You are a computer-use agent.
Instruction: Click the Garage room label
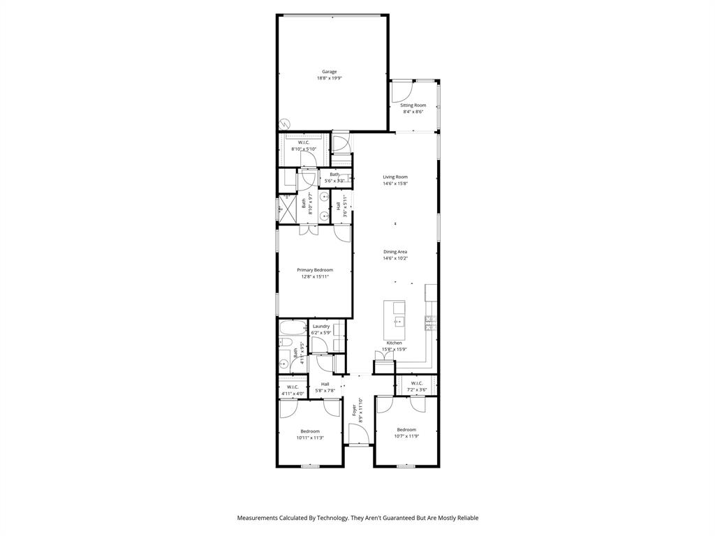coord(329,71)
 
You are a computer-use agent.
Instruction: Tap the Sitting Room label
coord(413,105)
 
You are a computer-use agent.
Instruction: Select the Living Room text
coord(395,177)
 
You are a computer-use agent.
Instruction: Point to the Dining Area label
coord(395,252)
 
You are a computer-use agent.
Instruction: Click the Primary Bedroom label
coord(315,270)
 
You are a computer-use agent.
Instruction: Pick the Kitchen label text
coord(395,343)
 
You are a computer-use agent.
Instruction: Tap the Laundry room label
coord(321,326)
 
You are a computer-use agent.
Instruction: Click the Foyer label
coord(354,408)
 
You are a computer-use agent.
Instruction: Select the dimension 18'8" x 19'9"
coord(329,78)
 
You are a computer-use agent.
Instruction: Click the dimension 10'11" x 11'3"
coord(310,438)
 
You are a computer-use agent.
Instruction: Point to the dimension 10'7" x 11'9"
coord(406,436)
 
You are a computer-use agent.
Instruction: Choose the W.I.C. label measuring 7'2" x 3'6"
coord(417,383)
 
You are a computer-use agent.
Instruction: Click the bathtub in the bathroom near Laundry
coord(292,327)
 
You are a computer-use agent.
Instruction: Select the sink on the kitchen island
coord(399,321)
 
